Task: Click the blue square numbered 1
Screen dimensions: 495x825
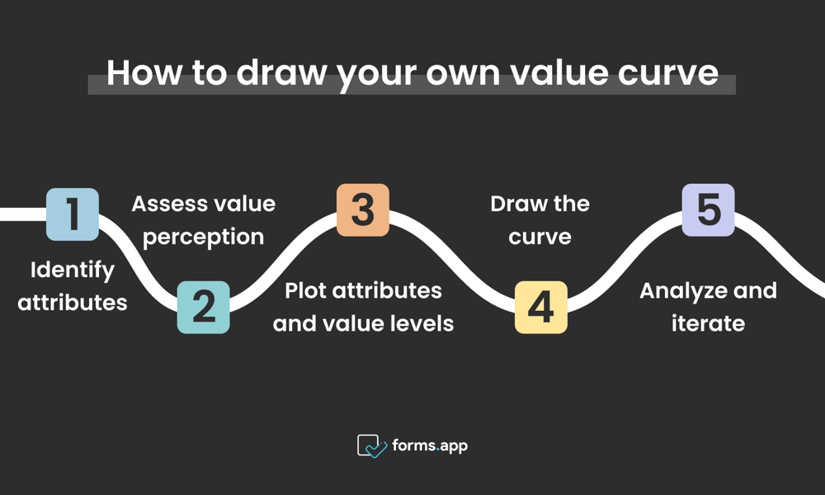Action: click(x=73, y=214)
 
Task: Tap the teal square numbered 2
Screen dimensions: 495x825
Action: click(x=203, y=307)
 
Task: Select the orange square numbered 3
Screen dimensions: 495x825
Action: click(x=363, y=210)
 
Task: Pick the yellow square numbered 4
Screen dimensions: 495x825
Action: click(x=541, y=307)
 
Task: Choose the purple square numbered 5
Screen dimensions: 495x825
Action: click(x=708, y=210)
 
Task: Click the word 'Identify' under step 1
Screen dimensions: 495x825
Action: click(x=73, y=270)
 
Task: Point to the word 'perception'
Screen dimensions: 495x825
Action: click(x=204, y=236)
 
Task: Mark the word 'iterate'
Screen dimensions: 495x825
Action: click(x=708, y=323)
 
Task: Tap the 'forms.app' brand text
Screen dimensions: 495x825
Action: click(x=430, y=445)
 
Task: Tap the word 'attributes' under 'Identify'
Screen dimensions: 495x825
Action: click(x=73, y=302)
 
